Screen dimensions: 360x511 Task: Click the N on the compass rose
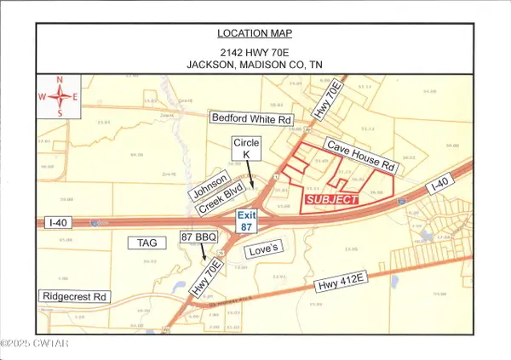60,81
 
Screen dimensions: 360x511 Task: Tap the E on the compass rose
76,96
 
